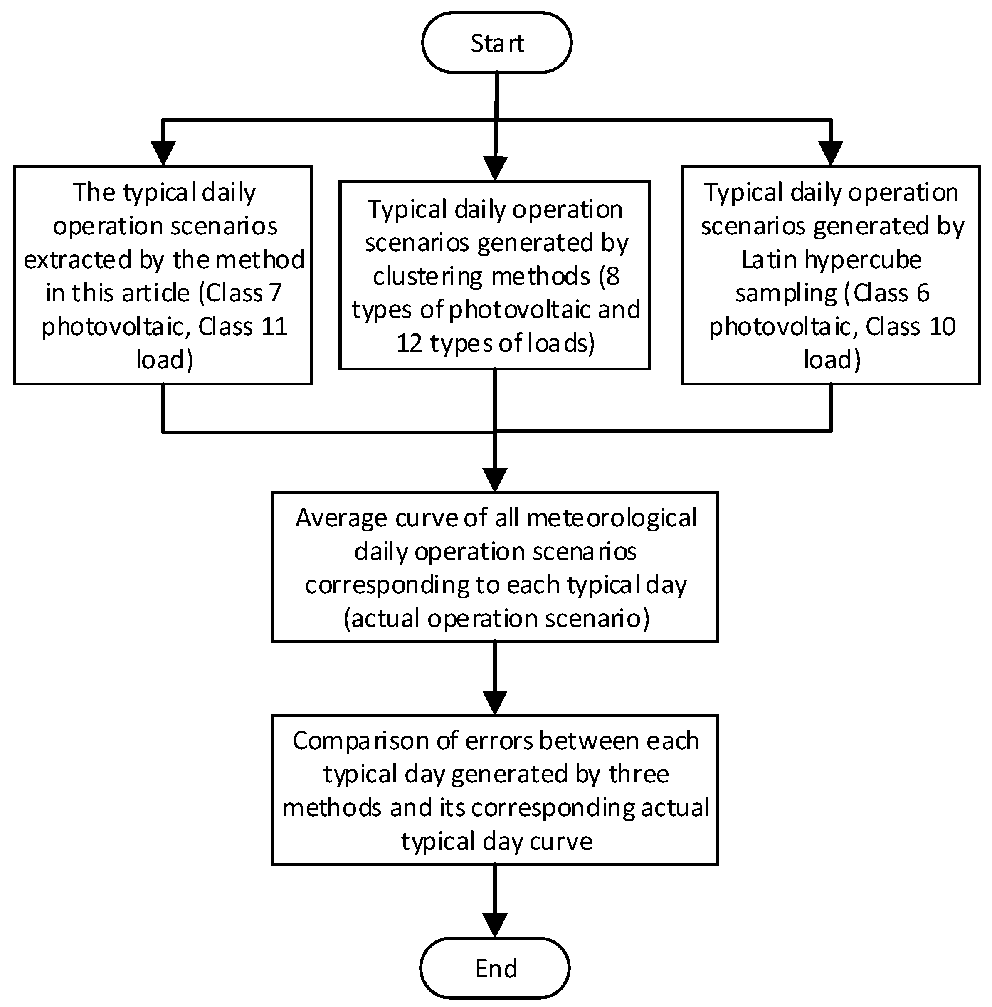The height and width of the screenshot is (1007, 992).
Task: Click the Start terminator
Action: pos(496,43)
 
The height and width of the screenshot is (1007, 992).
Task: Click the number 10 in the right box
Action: pos(941,327)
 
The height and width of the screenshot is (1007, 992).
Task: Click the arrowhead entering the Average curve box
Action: pos(495,479)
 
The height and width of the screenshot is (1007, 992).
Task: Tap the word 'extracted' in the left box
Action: pos(78,259)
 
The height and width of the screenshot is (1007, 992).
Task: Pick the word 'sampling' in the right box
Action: pos(786,293)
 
